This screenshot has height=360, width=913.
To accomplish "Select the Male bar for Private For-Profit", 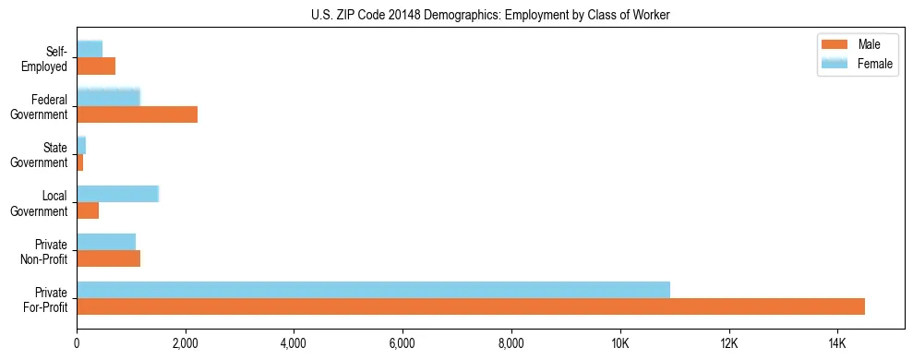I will [x=471, y=306].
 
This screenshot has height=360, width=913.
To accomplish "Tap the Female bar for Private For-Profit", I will [x=373, y=290].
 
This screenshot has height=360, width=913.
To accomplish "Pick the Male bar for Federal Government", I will [x=137, y=114].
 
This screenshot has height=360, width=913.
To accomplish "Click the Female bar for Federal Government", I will [x=108, y=97].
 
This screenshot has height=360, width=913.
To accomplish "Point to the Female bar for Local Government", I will [x=117, y=194].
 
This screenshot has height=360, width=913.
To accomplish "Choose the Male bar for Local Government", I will [x=88, y=210].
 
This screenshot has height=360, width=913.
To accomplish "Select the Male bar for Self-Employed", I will [x=96, y=66].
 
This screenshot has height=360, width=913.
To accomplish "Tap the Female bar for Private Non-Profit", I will [x=106, y=242].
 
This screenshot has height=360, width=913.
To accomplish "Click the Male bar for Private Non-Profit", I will [x=108, y=258].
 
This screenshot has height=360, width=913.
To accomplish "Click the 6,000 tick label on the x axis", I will [x=402, y=343].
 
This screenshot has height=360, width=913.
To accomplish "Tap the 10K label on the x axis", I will [x=619, y=343].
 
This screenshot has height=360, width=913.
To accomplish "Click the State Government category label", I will [x=48, y=155].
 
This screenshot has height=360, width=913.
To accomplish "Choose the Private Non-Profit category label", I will [x=48, y=251].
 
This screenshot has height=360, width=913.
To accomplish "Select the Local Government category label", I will [x=48, y=203].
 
